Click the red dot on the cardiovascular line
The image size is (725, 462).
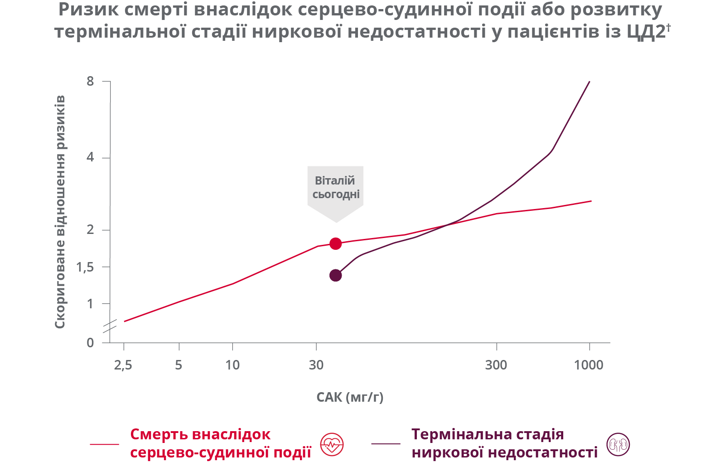335,244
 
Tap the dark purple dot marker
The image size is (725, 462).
335,275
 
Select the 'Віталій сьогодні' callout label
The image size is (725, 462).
335,188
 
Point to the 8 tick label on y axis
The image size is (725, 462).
90,82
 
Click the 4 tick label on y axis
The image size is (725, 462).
90,158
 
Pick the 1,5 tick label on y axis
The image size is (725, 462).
85,267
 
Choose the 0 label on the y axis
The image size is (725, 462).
90,343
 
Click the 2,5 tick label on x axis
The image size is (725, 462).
123,365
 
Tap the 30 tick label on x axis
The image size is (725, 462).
316,365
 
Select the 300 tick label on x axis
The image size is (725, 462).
496,365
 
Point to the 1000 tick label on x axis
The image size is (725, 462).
589,365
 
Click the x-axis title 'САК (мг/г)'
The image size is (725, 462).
350,398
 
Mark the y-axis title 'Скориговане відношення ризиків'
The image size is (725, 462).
60,212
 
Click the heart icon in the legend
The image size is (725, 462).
332,444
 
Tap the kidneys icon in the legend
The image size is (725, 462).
618,444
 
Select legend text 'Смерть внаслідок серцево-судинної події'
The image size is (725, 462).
221,443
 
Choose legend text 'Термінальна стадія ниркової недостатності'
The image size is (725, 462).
504,443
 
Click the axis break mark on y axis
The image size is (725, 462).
110,326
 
